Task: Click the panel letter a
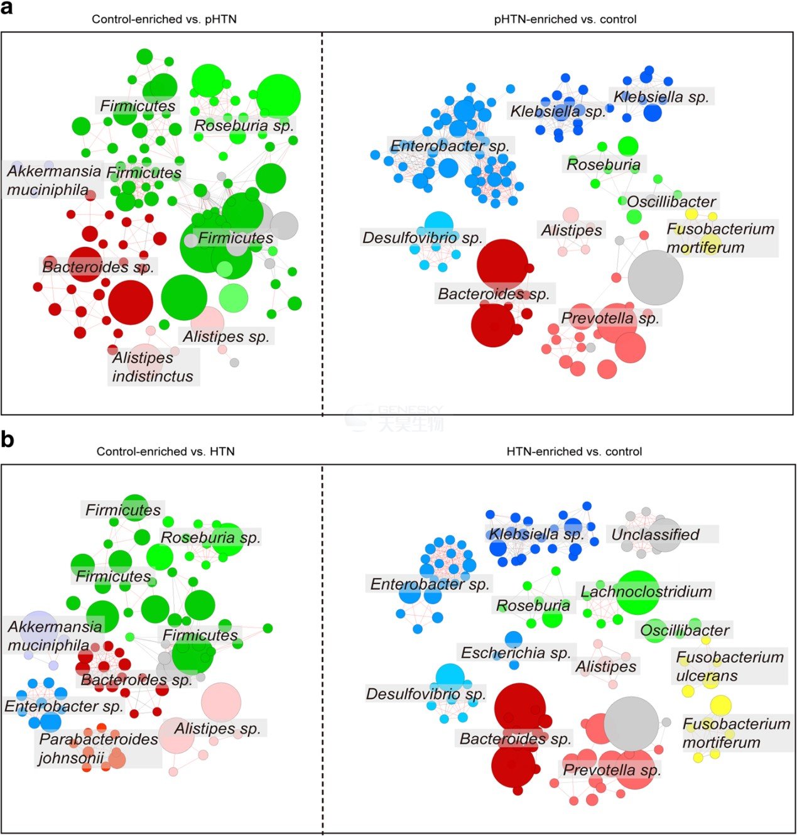pos(6,8)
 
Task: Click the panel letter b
pos(8,439)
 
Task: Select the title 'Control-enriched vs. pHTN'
pos(164,19)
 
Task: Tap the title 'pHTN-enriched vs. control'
pos(565,19)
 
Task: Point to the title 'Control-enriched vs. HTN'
pos(165,451)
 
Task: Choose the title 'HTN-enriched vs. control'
pos(574,451)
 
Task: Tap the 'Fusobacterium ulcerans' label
pos(730,666)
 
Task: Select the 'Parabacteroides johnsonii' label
pos(98,749)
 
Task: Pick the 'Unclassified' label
pos(656,535)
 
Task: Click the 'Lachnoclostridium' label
pos(646,591)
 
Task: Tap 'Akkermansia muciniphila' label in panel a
pos(54,180)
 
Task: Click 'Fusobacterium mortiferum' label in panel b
pos(736,733)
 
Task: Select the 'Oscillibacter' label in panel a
pos(671,202)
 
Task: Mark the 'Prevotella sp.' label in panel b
pos(612,769)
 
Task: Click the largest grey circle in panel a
pos(656,278)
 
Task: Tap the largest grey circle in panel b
pos(632,724)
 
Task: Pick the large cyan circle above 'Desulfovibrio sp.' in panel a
pos(439,226)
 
